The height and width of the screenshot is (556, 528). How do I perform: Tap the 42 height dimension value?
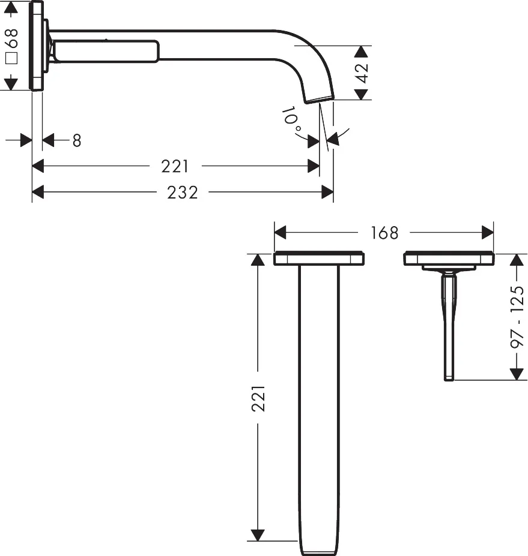(x=362, y=73)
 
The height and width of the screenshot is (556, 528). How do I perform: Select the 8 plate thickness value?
(x=76, y=140)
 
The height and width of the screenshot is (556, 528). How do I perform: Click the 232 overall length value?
(x=182, y=193)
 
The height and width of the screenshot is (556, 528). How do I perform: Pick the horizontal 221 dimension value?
(x=175, y=166)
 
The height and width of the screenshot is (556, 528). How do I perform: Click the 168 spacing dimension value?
(x=384, y=232)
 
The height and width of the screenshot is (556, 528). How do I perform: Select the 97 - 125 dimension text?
(x=517, y=317)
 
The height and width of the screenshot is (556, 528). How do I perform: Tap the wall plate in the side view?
(x=37, y=46)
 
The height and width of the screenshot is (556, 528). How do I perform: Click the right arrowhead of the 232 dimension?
(x=327, y=193)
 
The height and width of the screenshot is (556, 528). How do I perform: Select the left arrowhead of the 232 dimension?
(x=38, y=193)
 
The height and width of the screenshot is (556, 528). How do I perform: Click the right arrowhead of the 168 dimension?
(x=487, y=232)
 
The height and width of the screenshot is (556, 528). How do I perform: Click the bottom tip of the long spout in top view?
(x=318, y=551)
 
